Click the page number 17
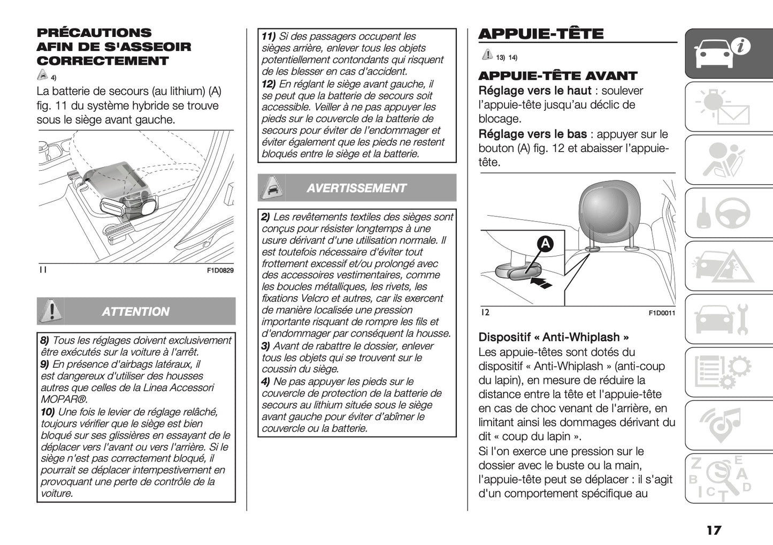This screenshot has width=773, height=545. pyautogui.click(x=713, y=530)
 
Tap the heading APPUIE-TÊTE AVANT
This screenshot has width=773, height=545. pyautogui.click(x=557, y=76)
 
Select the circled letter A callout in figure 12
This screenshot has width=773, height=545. pyautogui.click(x=545, y=244)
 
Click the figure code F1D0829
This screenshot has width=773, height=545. pyautogui.click(x=220, y=271)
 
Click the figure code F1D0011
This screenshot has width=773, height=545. pyautogui.click(x=662, y=313)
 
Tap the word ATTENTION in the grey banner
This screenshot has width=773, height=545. pyautogui.click(x=135, y=312)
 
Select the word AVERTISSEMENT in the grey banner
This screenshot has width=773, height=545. pyautogui.click(x=356, y=188)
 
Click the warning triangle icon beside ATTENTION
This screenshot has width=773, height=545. pyautogui.click(x=50, y=311)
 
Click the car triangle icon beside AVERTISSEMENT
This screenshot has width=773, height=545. pyautogui.click(x=271, y=187)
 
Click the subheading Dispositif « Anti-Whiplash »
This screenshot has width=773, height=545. pyautogui.click(x=553, y=337)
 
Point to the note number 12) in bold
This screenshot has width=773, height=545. pyautogui.click(x=269, y=84)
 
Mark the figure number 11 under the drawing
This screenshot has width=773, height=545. pyautogui.click(x=43, y=270)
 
